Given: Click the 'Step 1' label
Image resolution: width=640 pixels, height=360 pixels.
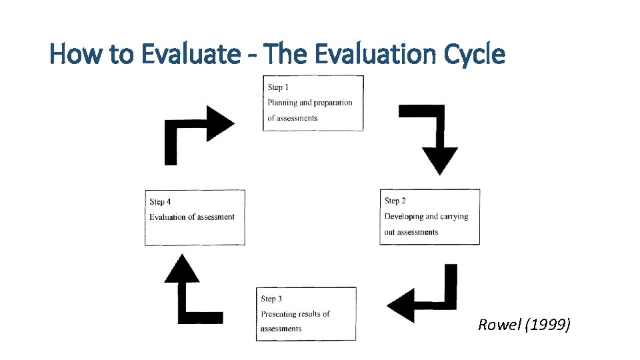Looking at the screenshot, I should pos(278,87).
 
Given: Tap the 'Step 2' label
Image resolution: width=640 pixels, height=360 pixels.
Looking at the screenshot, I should pos(395,201).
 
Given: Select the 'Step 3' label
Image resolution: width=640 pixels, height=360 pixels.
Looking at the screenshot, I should pos(271,299).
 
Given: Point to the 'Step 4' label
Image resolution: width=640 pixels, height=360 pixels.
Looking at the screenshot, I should pos(160,201).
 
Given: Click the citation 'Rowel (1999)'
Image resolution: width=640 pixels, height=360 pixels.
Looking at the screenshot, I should pos(524,325).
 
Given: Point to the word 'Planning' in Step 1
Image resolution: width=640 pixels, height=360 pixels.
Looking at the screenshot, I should pos(282,103).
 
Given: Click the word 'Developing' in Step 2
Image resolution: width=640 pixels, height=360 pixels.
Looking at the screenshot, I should pos(403,216).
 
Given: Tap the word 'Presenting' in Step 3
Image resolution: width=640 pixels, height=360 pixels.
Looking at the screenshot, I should pos(281,313).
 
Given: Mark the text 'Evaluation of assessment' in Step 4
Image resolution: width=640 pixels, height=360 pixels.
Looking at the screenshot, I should pos(192,217).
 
